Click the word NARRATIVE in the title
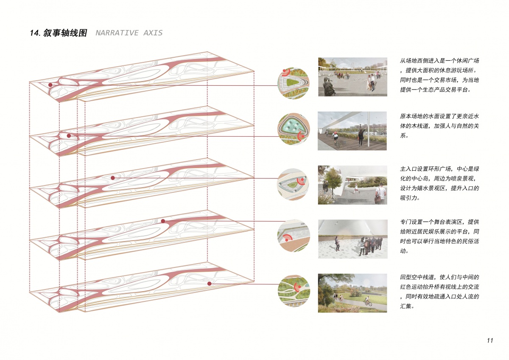[x=117, y=33]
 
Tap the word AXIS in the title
[x=153, y=33]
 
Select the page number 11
[x=490, y=340]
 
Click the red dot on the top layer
[x=50, y=85]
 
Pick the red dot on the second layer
[x=69, y=136]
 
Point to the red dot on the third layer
[x=113, y=178]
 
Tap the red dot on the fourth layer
[x=163, y=221]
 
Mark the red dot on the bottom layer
[x=210, y=284]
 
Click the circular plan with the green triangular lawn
[x=294, y=83]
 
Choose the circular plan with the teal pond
[x=294, y=129]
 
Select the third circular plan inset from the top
[x=293, y=184]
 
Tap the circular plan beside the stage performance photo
[x=294, y=236]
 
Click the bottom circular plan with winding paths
[x=294, y=291]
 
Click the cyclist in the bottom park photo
[x=368, y=301]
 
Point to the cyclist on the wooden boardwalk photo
[x=335, y=139]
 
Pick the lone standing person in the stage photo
[x=337, y=243]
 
